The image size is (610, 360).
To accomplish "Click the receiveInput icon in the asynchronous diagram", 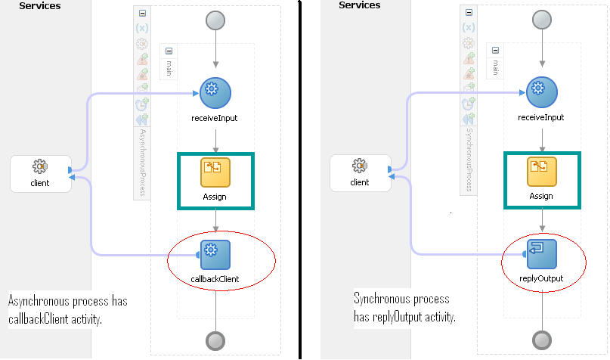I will [x=215, y=91].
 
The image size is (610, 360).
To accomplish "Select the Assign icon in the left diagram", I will [x=215, y=172].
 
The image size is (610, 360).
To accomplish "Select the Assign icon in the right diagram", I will [x=541, y=172].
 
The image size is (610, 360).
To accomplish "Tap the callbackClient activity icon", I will [x=215, y=254].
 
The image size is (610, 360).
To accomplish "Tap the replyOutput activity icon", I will [x=541, y=254].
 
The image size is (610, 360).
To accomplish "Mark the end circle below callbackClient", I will [x=216, y=338].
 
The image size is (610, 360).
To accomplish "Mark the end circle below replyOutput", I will [x=542, y=338].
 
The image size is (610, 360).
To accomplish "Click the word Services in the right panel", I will [x=360, y=6].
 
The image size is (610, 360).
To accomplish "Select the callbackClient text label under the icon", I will [x=215, y=279].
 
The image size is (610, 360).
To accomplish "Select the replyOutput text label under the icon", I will [x=541, y=279].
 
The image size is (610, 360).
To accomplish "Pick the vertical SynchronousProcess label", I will [x=468, y=160].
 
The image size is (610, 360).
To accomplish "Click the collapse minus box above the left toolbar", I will [x=142, y=14].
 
